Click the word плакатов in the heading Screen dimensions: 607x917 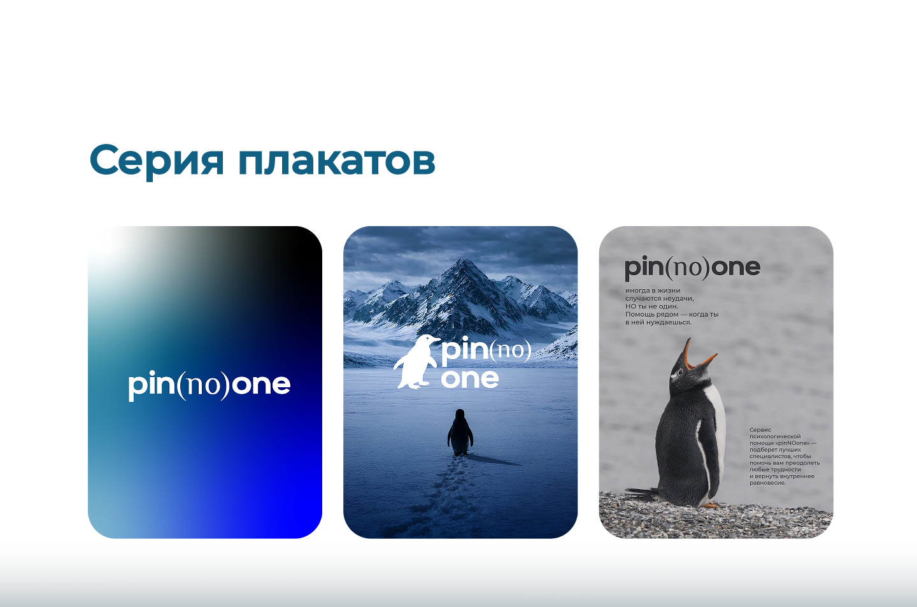click(337, 160)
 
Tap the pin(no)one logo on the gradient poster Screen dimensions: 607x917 click(209, 385)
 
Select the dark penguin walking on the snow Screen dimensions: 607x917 click(460, 432)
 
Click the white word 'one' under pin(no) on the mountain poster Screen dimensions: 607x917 click(470, 379)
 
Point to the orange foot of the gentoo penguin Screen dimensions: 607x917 click(709, 505)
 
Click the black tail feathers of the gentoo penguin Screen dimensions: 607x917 click(641, 492)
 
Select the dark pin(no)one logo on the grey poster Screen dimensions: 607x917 click(692, 268)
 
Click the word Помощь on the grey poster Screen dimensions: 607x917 click(639, 315)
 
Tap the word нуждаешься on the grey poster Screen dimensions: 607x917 click(670, 322)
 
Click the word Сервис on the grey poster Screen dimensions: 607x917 click(760, 430)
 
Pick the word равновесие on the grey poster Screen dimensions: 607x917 click(767, 483)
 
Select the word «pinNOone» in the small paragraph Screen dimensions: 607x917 click(792, 443)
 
